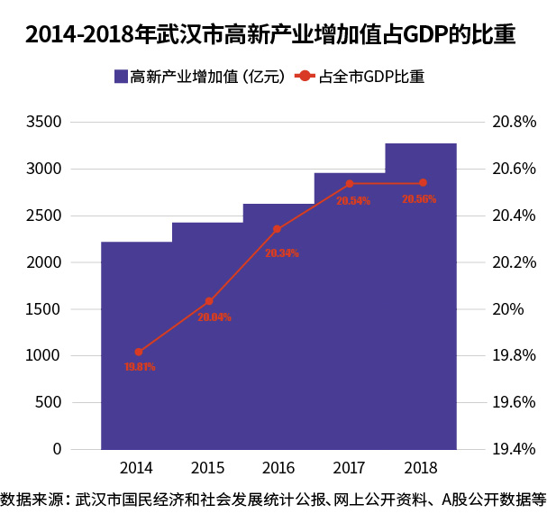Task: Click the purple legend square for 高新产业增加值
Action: (121, 77)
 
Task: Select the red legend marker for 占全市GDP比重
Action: (305, 77)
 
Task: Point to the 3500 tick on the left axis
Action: (44, 122)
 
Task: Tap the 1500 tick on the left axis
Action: (44, 309)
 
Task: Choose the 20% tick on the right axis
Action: (507, 309)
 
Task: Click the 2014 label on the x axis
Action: (136, 468)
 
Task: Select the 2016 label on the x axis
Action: (278, 468)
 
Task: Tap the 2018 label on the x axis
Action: (421, 468)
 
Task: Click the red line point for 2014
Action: (138, 352)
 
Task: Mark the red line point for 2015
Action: (208, 301)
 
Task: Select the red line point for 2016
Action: (277, 229)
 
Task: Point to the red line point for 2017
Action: (349, 184)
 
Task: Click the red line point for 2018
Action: (423, 183)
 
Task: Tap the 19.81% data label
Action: (140, 367)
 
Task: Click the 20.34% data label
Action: (281, 253)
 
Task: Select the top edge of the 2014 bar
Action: (136, 243)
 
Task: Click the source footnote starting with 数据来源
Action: (273, 499)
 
